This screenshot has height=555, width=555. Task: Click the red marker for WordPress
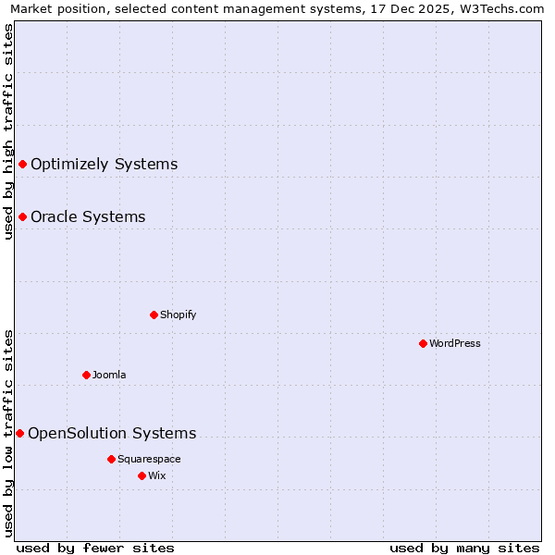[x=423, y=343]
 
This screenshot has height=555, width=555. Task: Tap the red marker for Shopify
[x=154, y=314]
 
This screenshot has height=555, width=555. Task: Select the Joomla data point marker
[x=86, y=375]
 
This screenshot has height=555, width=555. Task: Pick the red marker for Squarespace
[x=111, y=459]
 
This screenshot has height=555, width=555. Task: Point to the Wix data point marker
[x=142, y=475]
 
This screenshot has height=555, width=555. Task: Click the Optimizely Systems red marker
[x=22, y=164]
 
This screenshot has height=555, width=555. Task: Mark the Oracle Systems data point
[x=22, y=216]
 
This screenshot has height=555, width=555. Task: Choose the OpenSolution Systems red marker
[x=19, y=433]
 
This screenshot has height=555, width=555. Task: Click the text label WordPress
[x=455, y=343]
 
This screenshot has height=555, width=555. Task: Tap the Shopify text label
[x=179, y=314]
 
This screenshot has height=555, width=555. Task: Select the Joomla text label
[x=109, y=375]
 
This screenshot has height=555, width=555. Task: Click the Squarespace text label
[x=149, y=459]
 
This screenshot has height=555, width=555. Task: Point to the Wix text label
[x=156, y=475]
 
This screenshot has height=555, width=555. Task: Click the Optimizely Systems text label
[x=104, y=164]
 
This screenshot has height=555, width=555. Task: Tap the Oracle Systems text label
[x=88, y=216]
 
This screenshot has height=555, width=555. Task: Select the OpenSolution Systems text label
[x=112, y=433]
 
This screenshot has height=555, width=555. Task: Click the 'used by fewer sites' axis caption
[x=95, y=548]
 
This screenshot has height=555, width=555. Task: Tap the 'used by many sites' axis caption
[x=464, y=548]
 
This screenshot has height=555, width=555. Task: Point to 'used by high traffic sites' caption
[x=8, y=131]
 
